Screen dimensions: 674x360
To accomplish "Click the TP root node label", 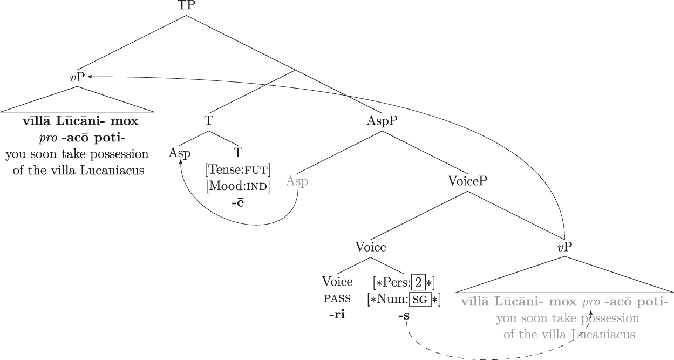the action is coord(187,5).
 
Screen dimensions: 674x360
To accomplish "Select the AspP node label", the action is coord(382,121).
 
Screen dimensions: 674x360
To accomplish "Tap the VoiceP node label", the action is coord(467,181).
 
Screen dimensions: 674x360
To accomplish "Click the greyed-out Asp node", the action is coord(297,181).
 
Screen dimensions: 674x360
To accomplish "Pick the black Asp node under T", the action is coord(179,153).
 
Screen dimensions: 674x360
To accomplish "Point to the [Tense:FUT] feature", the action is coord(237,170).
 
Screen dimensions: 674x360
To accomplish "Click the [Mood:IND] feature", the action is coord(237,186).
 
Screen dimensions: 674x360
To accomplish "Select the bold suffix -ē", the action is coord(237,202).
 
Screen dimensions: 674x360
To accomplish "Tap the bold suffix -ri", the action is coord(337,315).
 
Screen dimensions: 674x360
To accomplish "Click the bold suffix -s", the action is coord(404,316).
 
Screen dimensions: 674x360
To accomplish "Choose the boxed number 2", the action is coord(418,282).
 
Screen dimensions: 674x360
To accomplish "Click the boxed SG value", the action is coord(420,299).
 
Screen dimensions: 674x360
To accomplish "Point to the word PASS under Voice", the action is coord(337,298).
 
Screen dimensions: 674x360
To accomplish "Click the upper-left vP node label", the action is coord(77,77).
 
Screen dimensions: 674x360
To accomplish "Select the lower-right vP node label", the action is coord(564,247).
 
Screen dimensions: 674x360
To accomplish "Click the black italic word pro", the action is coord(48,139).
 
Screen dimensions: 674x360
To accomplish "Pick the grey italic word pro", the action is coord(591,302).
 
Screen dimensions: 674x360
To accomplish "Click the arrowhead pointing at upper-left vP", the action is coord(89,77).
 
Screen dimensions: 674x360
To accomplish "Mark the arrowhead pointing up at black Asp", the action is coord(181,161).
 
